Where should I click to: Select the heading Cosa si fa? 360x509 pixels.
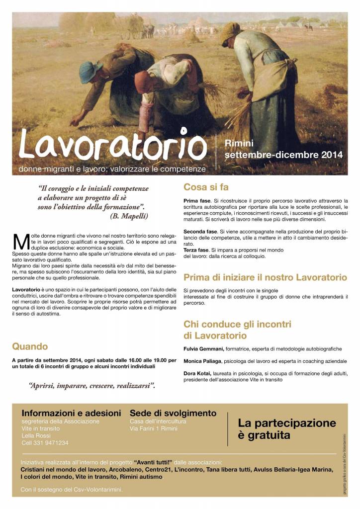[x=206, y=187]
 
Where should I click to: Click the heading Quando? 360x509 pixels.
[x=30, y=346]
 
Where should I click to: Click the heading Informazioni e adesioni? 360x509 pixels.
[x=71, y=413]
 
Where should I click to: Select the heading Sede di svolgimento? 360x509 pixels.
[x=173, y=413]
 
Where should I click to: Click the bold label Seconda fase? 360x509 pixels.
[x=200, y=232]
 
